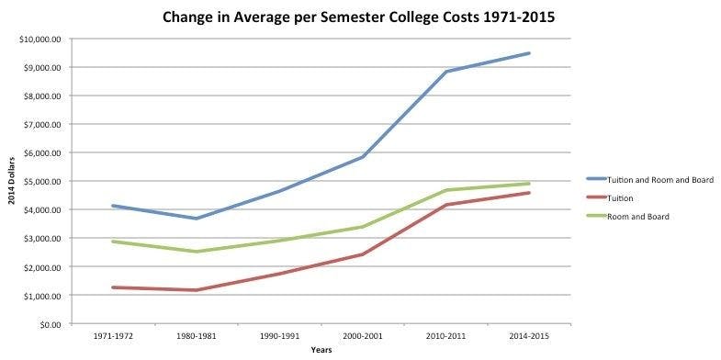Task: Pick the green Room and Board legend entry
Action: click(643, 217)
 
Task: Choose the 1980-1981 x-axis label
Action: click(196, 337)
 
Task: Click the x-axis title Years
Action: click(321, 350)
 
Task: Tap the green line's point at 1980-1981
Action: click(196, 252)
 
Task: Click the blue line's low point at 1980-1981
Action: click(196, 219)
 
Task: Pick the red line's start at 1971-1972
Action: click(112, 287)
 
